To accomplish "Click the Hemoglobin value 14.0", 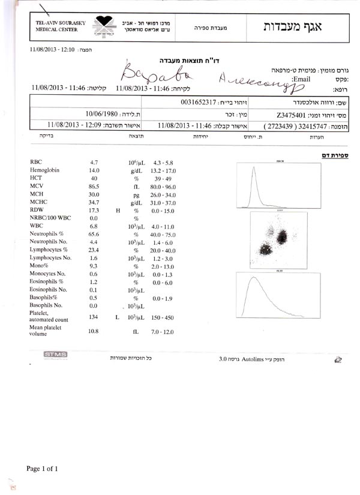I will (x=94, y=171).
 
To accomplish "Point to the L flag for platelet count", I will (x=117, y=316).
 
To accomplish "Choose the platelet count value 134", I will (x=94, y=316).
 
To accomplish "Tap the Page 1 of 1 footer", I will (x=46, y=468).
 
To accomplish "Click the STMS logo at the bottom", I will (x=55, y=355).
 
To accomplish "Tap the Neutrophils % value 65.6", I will (x=94, y=234).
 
